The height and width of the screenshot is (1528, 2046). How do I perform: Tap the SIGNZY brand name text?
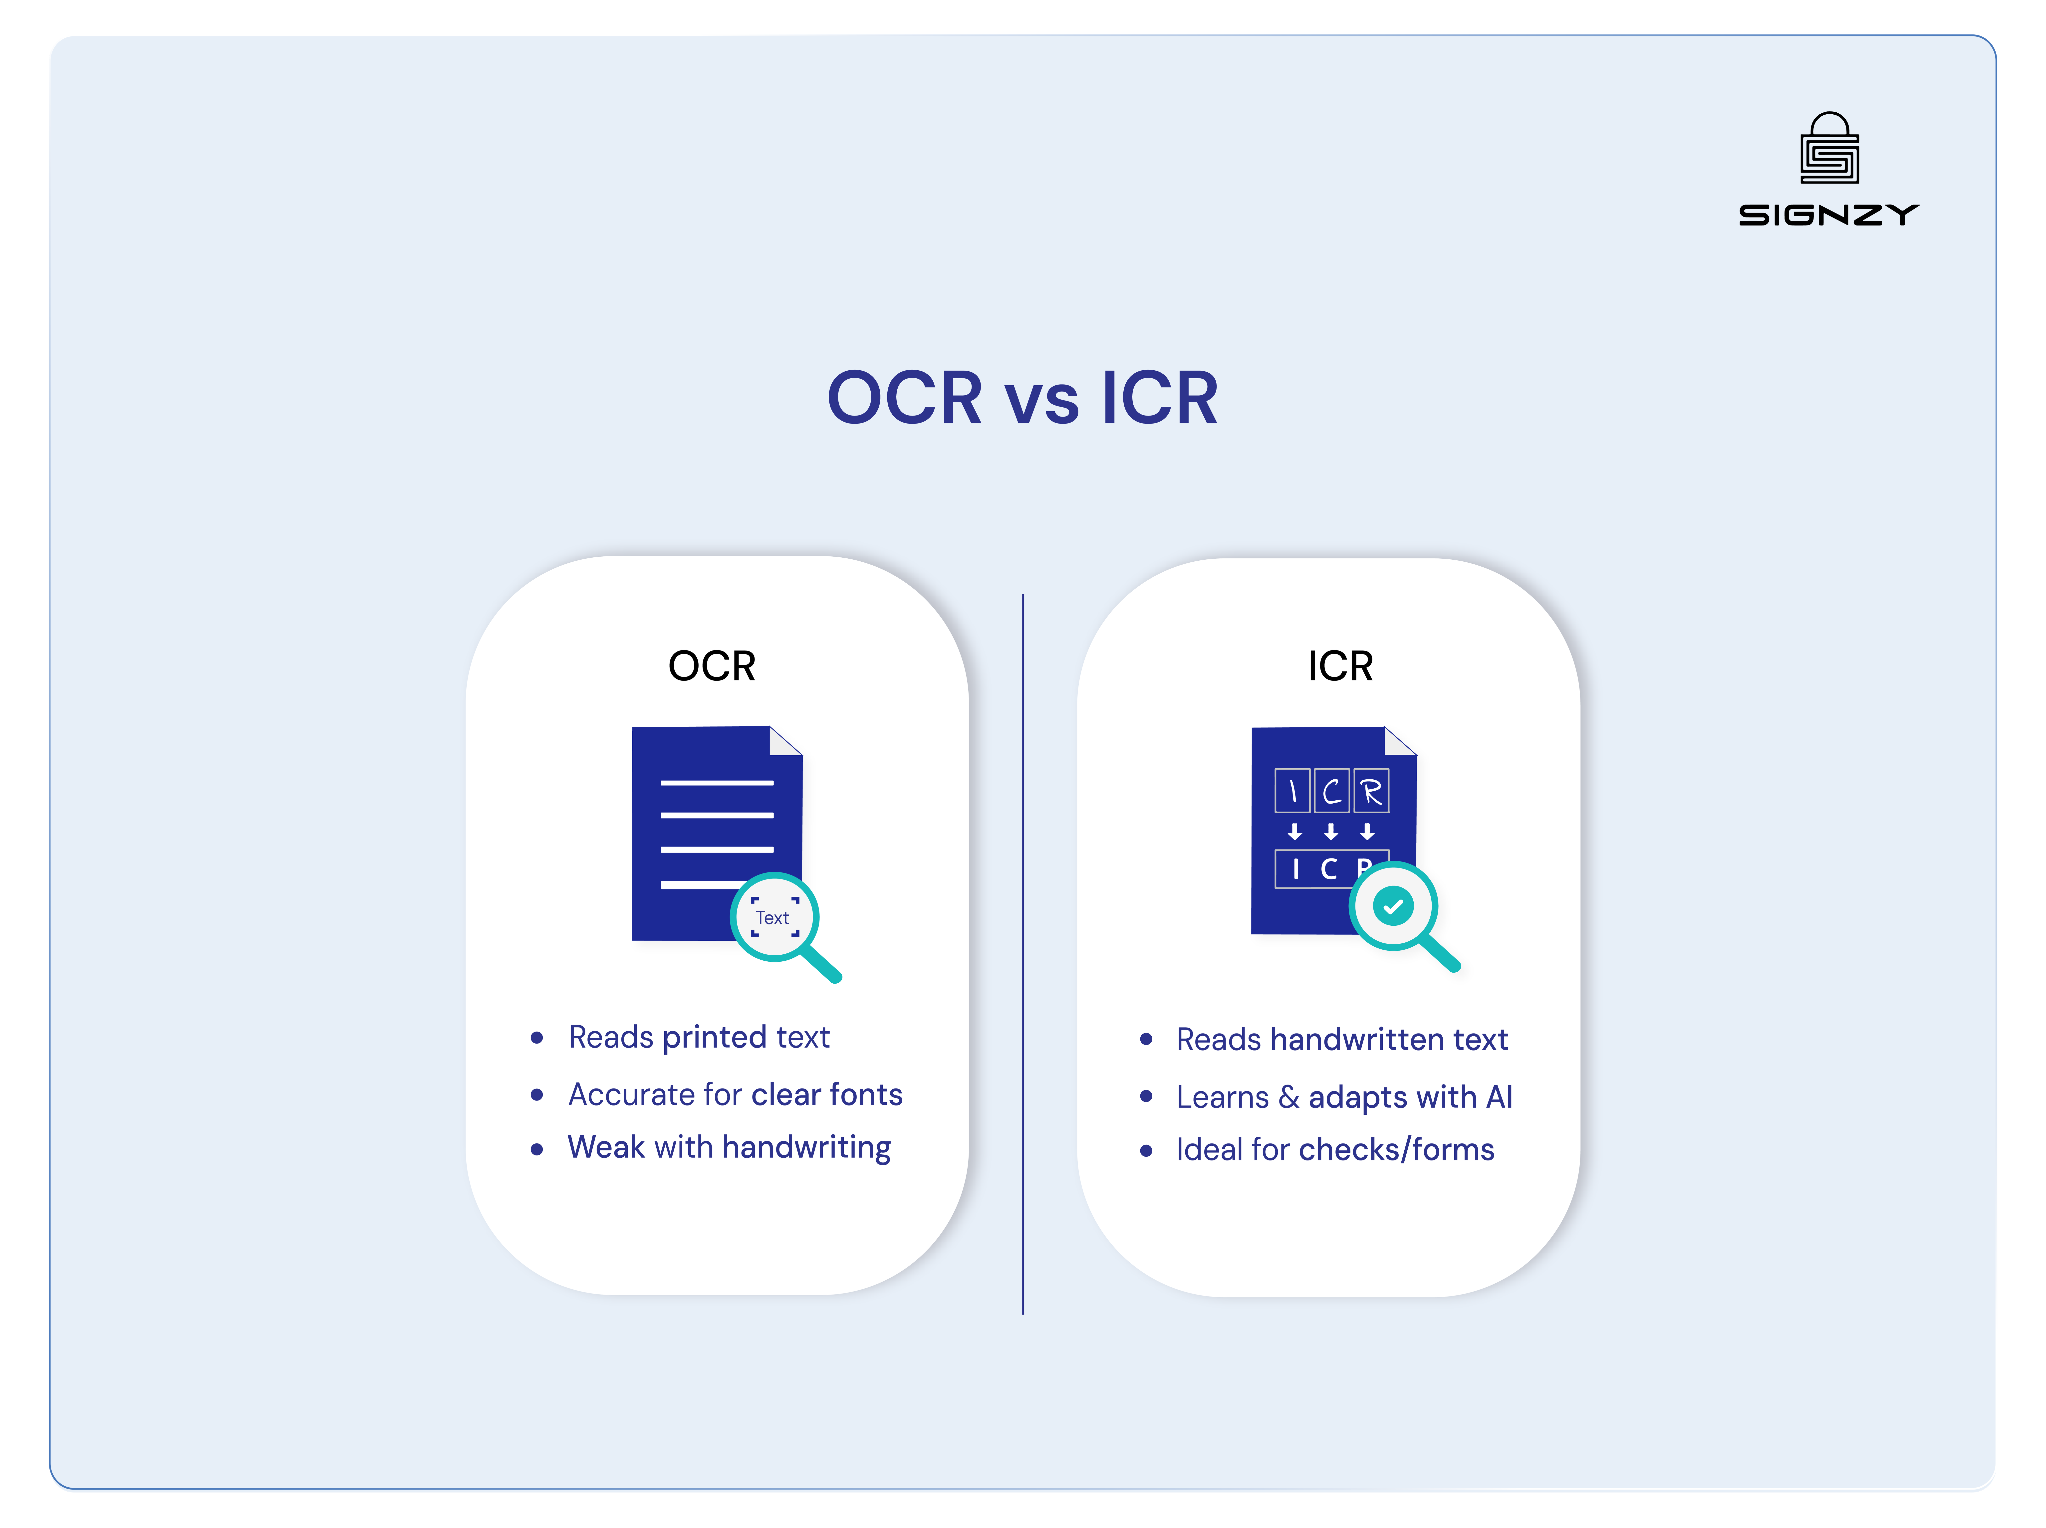[x=1829, y=216]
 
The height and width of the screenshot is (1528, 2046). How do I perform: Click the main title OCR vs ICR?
[x=1022, y=398]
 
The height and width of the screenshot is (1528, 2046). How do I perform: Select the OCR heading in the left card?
[x=711, y=666]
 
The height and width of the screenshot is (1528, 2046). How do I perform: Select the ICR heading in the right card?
[x=1340, y=666]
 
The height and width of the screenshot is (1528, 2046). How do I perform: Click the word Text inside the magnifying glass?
[x=772, y=917]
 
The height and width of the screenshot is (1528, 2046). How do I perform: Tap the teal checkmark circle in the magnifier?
[x=1393, y=906]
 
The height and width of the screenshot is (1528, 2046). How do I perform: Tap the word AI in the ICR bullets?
[x=1499, y=1097]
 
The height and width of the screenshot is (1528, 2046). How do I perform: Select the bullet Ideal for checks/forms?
[x=1335, y=1150]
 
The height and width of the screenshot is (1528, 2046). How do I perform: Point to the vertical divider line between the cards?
[x=1023, y=953]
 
